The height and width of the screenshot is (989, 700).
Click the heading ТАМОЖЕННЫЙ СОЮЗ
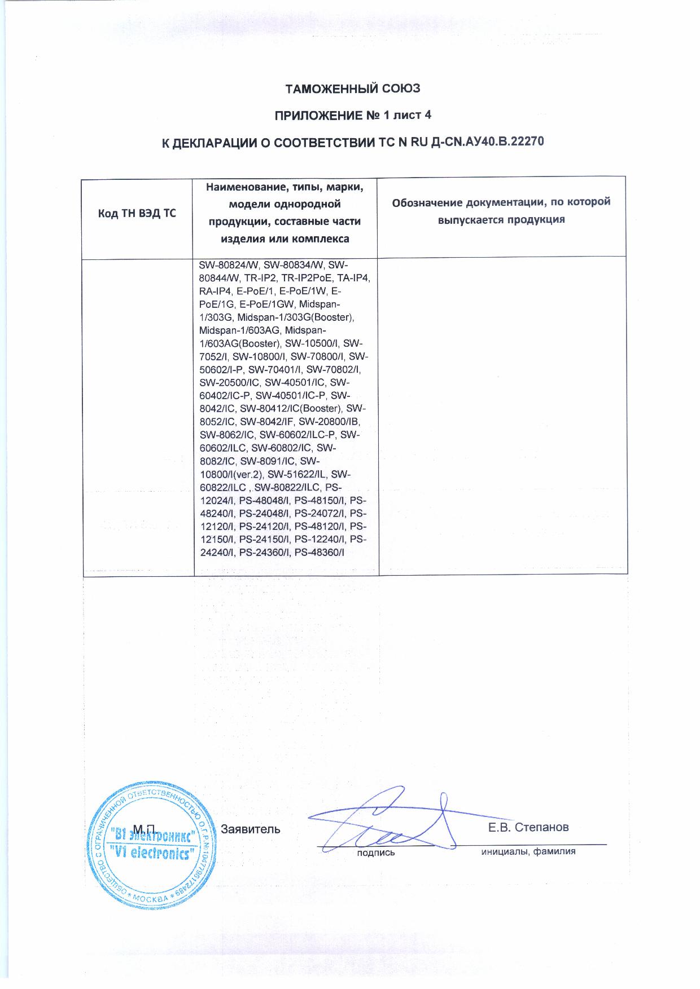352,89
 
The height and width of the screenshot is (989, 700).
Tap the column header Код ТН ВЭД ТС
137,213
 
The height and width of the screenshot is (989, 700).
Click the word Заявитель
250,829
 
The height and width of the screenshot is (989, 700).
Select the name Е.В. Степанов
528,827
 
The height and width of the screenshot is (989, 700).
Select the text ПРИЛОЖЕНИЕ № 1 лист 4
352,116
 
